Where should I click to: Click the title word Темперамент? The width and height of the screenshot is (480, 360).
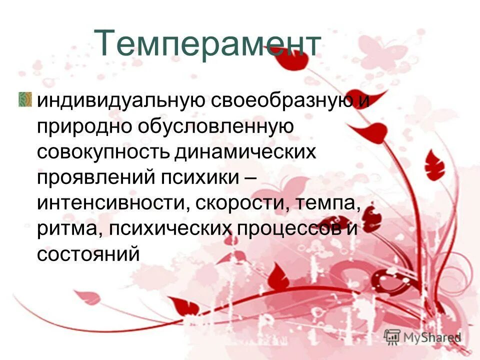pos(207,43)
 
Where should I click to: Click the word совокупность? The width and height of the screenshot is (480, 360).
pos(102,152)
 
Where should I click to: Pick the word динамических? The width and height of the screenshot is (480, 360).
pos(246,152)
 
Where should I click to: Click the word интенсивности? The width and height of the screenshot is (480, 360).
pos(111,203)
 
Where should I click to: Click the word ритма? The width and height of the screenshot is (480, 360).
pos(67,229)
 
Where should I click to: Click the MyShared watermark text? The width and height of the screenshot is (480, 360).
pos(432,337)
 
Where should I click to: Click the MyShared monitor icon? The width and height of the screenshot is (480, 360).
pos(392,336)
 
